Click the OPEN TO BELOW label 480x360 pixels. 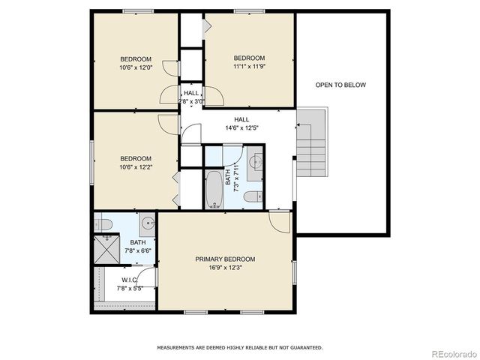pos(340,85)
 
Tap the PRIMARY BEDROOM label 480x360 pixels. pos(225,259)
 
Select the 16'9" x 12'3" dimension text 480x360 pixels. pos(225,268)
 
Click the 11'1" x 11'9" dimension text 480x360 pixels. pos(249,67)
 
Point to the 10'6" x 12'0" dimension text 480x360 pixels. pos(136,67)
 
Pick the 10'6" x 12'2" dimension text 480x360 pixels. pos(136,166)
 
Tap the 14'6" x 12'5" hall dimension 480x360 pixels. pos(241,127)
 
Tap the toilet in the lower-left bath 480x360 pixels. pos(103,223)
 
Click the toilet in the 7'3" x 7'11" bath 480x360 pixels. pos(253,196)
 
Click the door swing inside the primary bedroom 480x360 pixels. pos(279,220)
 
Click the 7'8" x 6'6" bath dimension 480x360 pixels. pos(138,250)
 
